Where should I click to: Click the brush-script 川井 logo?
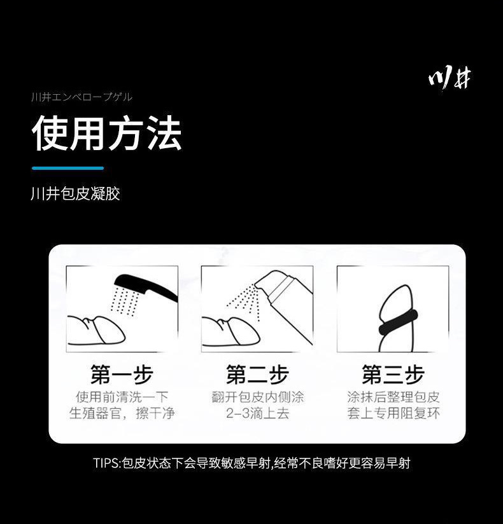coord(450,79)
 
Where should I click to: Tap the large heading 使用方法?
coord(107,133)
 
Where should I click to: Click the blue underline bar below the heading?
coord(67,168)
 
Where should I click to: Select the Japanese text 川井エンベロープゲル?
coord(81,97)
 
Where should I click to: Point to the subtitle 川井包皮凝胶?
coord(75,194)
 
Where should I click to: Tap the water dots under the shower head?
coord(125,301)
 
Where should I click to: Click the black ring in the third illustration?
coord(398,322)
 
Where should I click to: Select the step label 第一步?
coord(122,375)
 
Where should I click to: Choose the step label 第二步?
coord(257,375)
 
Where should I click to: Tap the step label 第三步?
coord(393,375)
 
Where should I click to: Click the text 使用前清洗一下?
coord(122,397)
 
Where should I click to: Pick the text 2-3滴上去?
coord(257,413)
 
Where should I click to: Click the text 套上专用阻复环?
coord(393,413)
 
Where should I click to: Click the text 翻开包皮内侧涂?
coord(257,397)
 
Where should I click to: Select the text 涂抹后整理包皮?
coord(393,397)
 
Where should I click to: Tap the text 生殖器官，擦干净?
coord(122,413)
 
